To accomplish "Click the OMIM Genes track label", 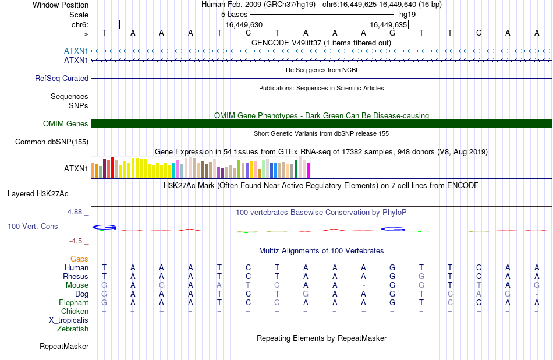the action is tap(66, 124).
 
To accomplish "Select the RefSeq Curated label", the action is tap(62, 79).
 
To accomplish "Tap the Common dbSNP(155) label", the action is tap(52, 142).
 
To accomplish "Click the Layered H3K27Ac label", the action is tap(38, 194).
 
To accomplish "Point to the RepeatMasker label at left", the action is tap(64, 346).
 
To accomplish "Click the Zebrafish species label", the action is tap(73, 329).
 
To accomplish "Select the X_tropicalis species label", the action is tap(69, 320).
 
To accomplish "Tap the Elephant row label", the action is tap(74, 303).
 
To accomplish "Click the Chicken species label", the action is tap(75, 311).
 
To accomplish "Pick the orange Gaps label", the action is tap(79, 259).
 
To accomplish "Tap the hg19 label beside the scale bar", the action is tap(407, 15).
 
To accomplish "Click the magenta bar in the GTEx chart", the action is tap(309, 171).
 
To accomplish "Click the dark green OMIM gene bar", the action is tap(322, 124).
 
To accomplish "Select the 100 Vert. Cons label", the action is tap(33, 226).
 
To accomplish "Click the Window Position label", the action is tap(61, 5).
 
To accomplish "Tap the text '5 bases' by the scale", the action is tap(235, 15).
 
